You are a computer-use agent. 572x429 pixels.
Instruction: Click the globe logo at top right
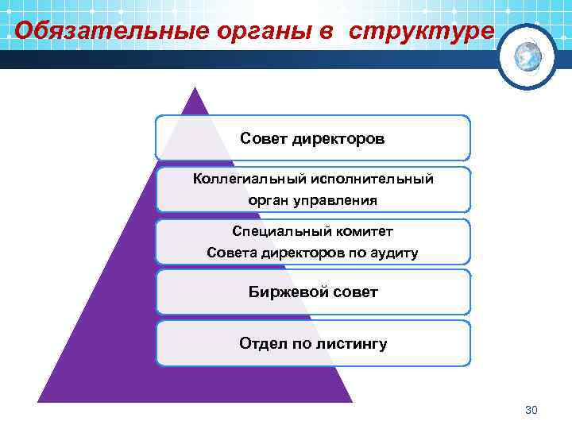tap(528, 56)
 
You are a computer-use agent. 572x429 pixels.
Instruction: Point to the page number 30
tap(532, 410)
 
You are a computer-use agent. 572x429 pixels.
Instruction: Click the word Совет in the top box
tap(264, 139)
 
